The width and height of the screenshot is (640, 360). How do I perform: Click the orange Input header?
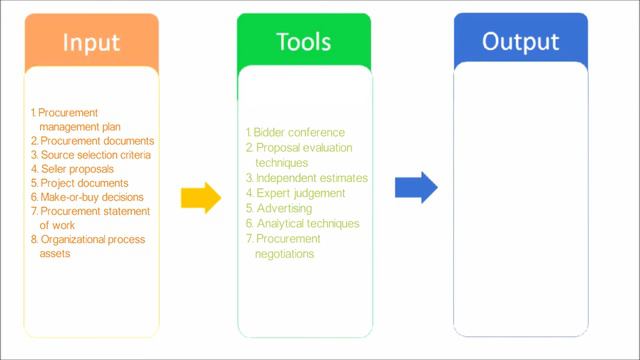coord(91,42)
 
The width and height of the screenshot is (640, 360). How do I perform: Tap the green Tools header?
coord(304,42)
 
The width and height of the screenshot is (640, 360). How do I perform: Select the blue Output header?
coord(520,42)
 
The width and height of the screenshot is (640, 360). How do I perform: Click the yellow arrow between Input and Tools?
coord(200,198)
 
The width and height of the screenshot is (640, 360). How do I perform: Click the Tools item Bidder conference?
coord(298,132)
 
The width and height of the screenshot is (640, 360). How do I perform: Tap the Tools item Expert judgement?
coord(299,193)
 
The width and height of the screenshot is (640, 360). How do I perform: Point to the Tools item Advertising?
coord(283,208)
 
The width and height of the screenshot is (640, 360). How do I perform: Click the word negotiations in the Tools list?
coord(285,254)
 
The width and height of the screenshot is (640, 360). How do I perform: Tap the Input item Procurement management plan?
coord(80,120)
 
